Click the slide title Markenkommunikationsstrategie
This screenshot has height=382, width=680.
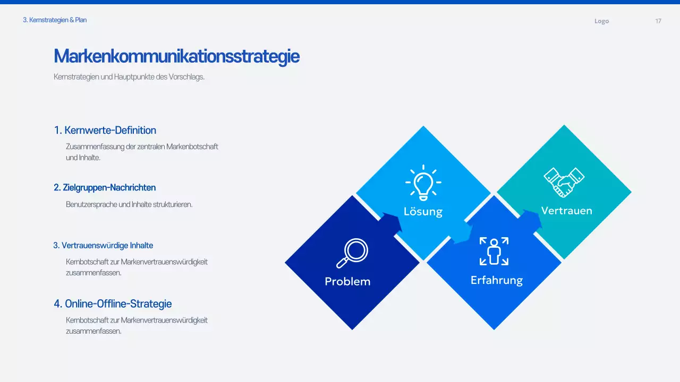177,56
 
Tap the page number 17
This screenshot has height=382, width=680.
658,21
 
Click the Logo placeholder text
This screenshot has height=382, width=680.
602,21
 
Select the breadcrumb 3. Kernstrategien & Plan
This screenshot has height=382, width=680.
55,20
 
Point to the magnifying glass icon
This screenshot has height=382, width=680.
352,253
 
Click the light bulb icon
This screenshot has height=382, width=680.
423,183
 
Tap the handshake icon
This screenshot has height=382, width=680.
564,182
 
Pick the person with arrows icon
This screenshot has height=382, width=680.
494,251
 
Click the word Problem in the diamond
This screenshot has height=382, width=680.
347,282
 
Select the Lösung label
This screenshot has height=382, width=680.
423,211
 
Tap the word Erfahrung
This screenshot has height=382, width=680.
497,281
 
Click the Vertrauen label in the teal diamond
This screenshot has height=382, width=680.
566,211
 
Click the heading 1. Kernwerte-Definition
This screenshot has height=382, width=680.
105,131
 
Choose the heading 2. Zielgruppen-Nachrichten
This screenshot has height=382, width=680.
105,188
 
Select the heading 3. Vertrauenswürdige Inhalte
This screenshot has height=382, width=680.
103,245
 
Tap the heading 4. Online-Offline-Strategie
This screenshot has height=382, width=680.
113,304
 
